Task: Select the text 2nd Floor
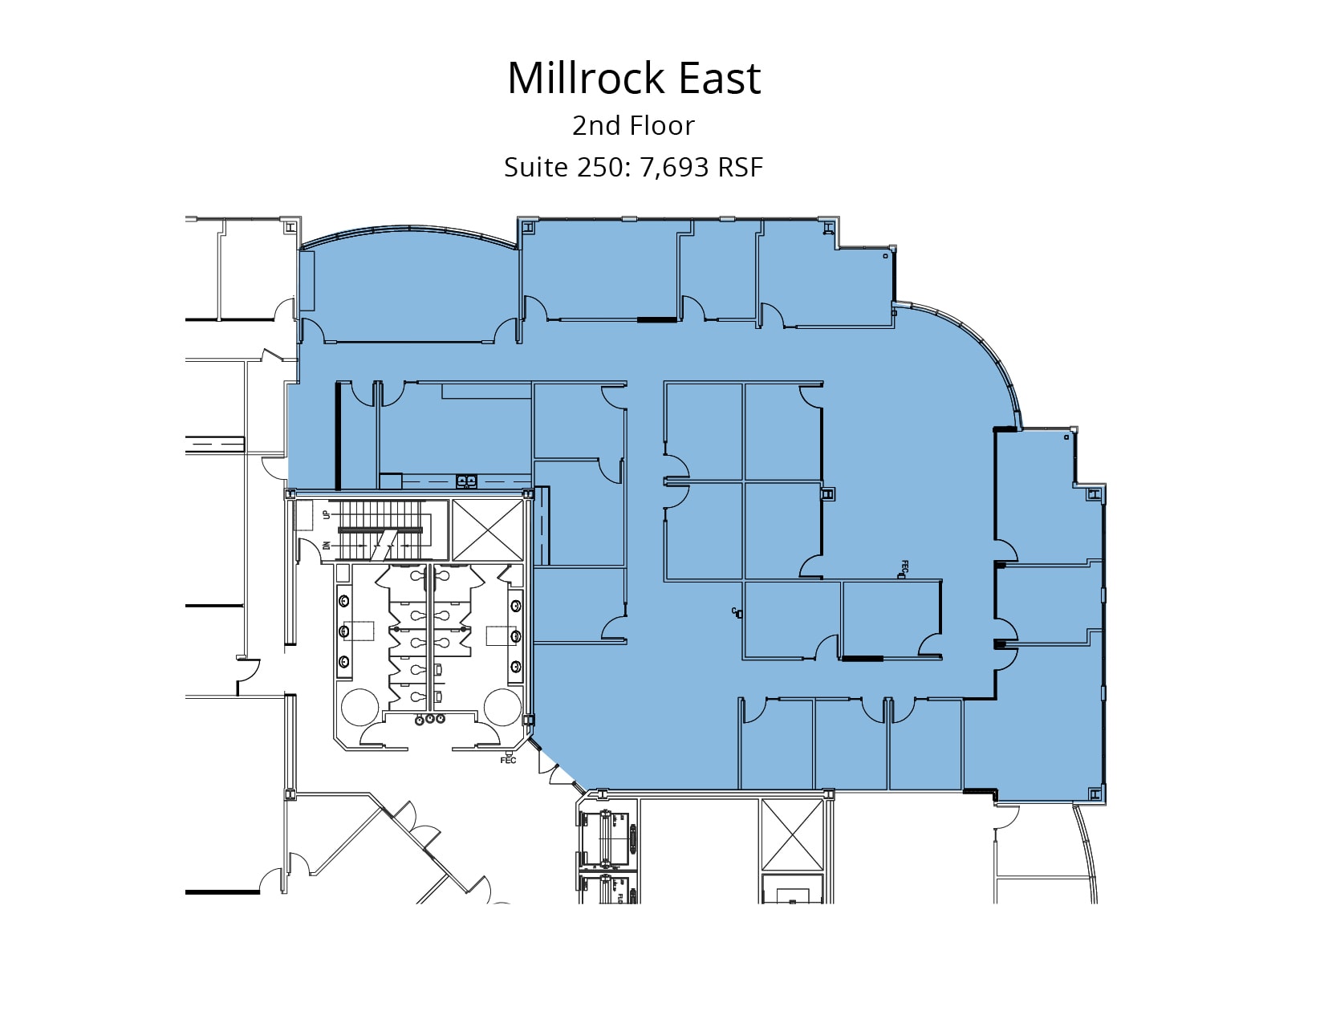[x=633, y=126]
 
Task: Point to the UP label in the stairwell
[x=326, y=514]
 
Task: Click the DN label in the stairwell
[x=326, y=546]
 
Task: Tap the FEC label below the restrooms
[x=508, y=760]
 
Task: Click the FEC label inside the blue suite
[x=904, y=567]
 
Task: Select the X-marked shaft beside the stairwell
[x=487, y=530]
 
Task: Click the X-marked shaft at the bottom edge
[x=792, y=834]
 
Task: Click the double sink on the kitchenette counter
[x=466, y=481]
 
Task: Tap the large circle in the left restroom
[x=359, y=706]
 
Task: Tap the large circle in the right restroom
[x=502, y=706]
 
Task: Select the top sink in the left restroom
[x=344, y=600]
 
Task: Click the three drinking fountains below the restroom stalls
[x=430, y=719]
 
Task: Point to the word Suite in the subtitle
[x=536, y=167]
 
